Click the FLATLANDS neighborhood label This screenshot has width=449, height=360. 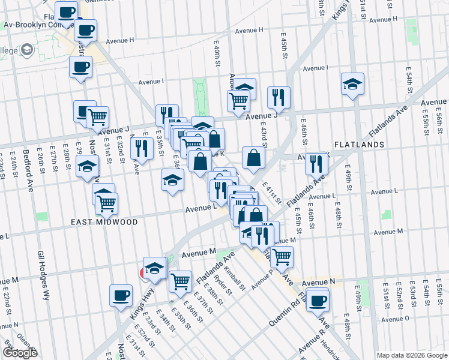(359, 145)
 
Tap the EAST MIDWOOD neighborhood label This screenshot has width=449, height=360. (104, 222)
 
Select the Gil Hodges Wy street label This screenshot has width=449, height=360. (43, 275)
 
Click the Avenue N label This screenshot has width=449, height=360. (318, 282)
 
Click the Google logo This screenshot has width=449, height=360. (20, 353)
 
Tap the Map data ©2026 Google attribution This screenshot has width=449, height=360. (411, 355)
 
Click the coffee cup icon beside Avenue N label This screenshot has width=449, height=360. (317, 300)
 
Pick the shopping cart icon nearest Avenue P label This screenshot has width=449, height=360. (281, 257)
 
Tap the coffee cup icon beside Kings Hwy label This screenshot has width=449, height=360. (121, 295)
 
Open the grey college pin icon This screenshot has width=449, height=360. (27, 50)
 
